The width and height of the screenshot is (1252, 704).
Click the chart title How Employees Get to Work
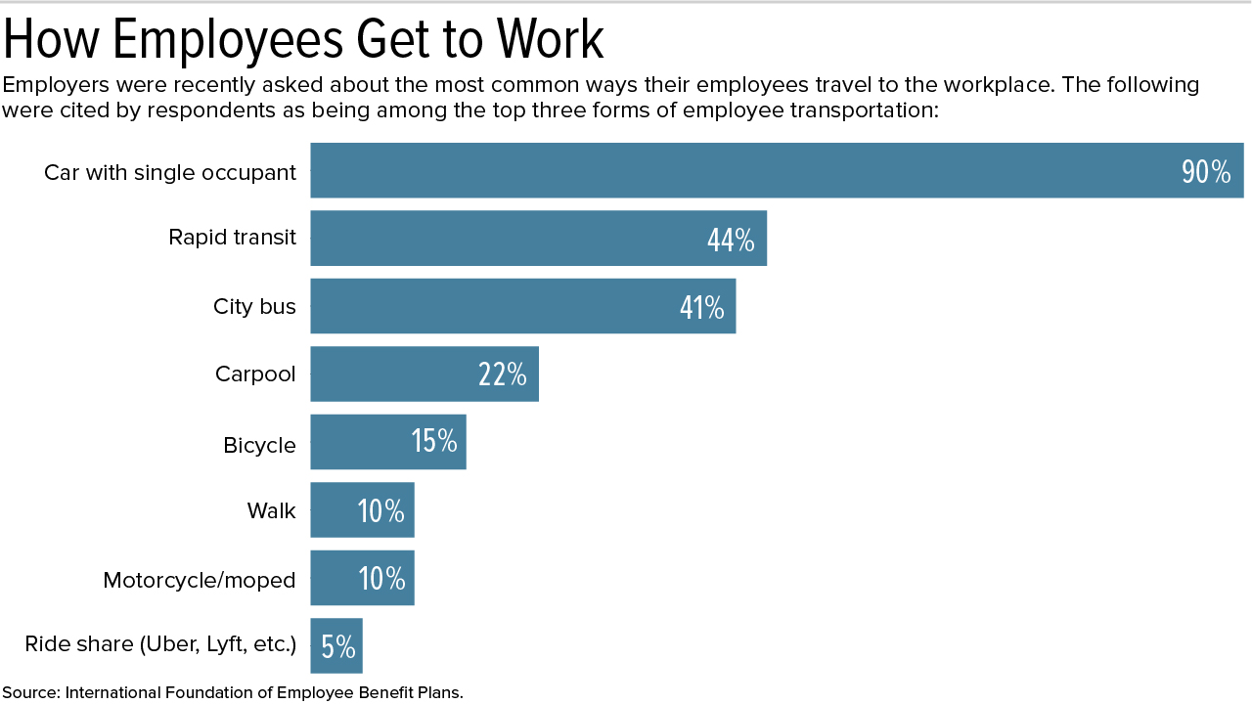pyautogui.click(x=303, y=40)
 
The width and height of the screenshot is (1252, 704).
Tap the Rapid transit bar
pyautogui.click(x=509, y=238)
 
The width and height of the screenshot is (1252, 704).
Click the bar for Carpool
pyautogui.click(x=391, y=374)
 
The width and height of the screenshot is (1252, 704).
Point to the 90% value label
pyautogui.click(x=1206, y=172)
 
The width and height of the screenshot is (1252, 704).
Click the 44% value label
pyautogui.click(x=731, y=240)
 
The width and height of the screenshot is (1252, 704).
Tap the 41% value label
pyautogui.click(x=701, y=308)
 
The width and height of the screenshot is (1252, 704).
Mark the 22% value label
pyautogui.click(x=503, y=374)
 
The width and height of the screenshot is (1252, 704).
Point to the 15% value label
pyautogui.click(x=434, y=442)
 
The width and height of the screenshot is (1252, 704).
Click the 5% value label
pyautogui.click(x=338, y=646)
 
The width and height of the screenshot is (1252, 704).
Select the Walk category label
pyautogui.click(x=271, y=510)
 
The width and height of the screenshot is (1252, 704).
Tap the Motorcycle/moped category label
pyautogui.click(x=200, y=580)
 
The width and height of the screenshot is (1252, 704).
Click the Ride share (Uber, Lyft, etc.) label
pyautogui.click(x=160, y=644)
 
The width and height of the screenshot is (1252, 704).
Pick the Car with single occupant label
pyautogui.click(x=170, y=173)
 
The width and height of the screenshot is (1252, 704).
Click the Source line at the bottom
pyautogui.click(x=232, y=692)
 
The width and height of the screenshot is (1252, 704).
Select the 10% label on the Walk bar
pyautogui.click(x=380, y=510)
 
